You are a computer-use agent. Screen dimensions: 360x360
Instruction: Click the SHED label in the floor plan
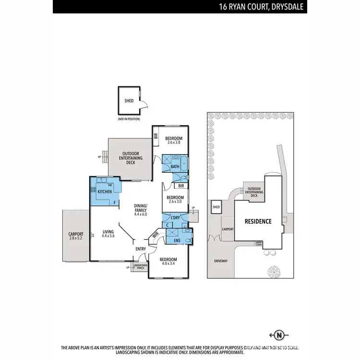pos(129,101)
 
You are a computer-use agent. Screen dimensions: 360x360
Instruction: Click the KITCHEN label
pos(105,192)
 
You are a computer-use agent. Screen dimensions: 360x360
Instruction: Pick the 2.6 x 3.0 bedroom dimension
pos(175,203)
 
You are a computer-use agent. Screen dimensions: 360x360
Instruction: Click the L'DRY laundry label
pos(175,218)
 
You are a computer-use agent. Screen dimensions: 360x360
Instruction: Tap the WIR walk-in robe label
pos(155,235)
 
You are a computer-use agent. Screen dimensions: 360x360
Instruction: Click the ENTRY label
pos(141,249)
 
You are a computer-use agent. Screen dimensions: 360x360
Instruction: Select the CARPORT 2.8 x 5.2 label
pos(76,237)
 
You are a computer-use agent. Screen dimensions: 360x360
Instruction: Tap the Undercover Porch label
pos(140,267)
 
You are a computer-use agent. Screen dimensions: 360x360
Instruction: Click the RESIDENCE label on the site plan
pos(258,221)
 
